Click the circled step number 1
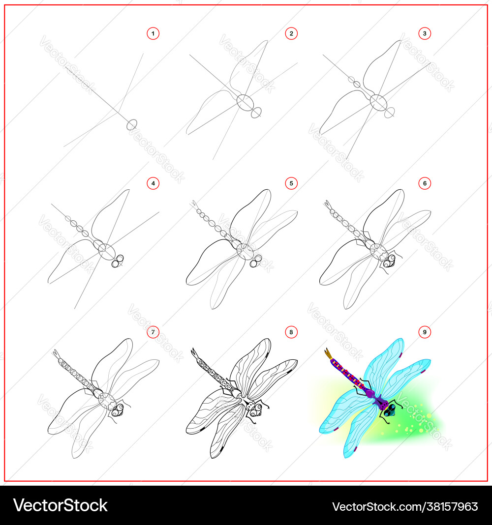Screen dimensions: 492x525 click(153, 33)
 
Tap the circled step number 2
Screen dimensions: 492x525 click(291, 33)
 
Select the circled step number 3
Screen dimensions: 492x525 click(425, 33)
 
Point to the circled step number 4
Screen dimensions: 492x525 click(153, 183)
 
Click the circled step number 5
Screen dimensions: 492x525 click(291, 183)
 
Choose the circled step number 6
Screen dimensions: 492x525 click(425, 183)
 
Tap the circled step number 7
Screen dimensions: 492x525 click(153, 332)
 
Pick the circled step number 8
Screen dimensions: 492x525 click(291, 332)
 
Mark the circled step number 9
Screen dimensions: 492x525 click(425, 332)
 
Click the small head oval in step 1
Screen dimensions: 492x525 click(132, 124)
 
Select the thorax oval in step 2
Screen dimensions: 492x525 click(245, 102)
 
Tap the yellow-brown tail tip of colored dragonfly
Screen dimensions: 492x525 click(328, 353)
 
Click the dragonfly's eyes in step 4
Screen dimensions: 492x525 click(118, 261)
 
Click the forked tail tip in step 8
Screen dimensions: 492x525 click(195, 353)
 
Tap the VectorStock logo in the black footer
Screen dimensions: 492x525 click(61, 505)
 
